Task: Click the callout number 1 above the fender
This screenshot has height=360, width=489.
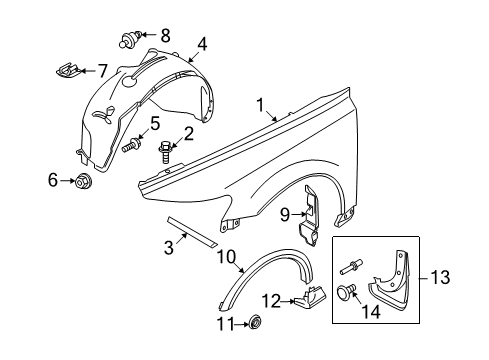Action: point(259,104)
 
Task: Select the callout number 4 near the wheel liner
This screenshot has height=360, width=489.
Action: point(202,43)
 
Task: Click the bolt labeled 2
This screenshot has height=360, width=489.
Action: point(166,151)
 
